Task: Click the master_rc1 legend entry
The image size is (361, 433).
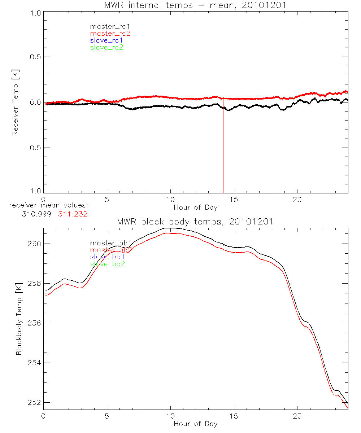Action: (x=106, y=26)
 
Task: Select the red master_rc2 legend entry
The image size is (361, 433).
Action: (x=110, y=34)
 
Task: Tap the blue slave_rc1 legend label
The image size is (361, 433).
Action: (x=106, y=40)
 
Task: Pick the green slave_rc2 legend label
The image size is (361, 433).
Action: (x=106, y=47)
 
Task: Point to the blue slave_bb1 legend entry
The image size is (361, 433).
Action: (x=108, y=257)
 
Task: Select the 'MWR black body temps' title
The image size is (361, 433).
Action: (x=195, y=221)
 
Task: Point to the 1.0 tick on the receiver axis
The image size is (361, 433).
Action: (x=35, y=12)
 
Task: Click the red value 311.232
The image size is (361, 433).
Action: (x=73, y=214)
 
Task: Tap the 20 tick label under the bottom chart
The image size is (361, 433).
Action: (x=297, y=416)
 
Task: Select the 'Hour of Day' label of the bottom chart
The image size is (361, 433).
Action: (x=195, y=424)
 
